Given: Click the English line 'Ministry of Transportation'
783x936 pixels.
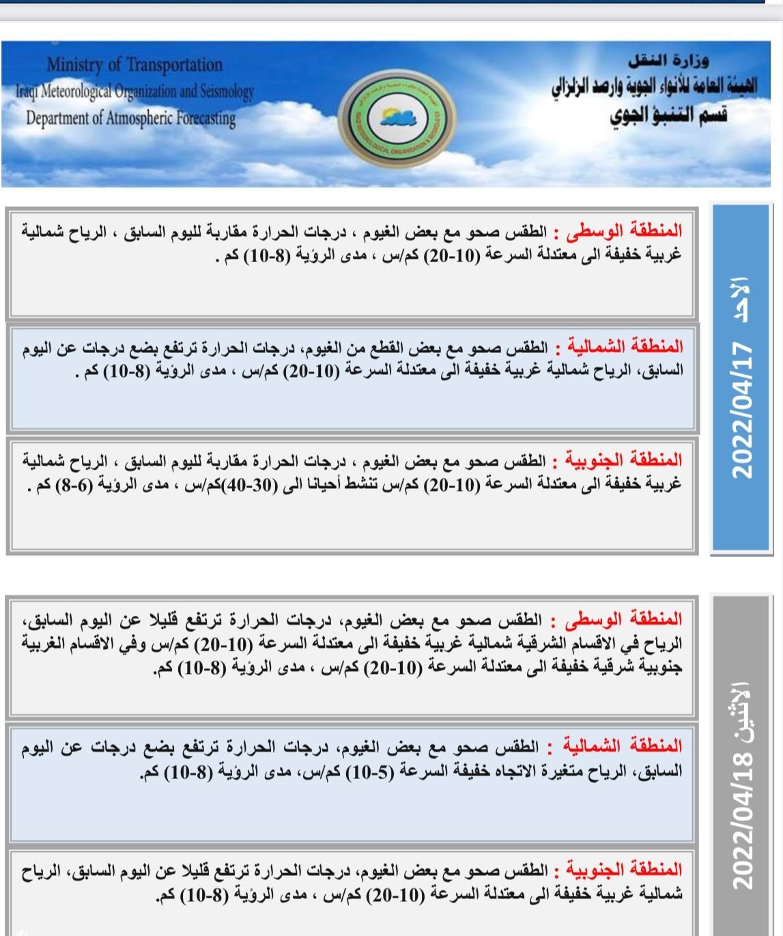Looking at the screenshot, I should (x=134, y=65).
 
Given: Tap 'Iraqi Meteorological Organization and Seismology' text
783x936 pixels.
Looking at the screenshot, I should (x=135, y=91).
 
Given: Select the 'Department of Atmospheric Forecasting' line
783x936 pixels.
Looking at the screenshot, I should (x=130, y=117).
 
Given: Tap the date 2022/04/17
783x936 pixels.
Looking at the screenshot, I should (x=741, y=409).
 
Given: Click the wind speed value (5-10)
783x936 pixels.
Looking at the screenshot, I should (x=371, y=772).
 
